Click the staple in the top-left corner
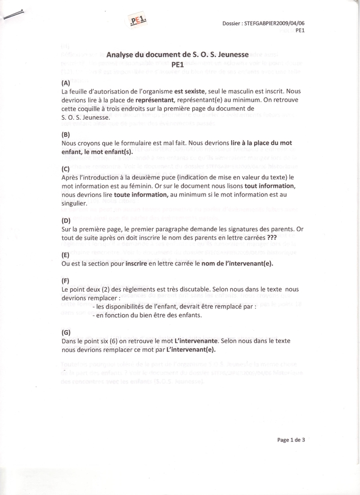point(12,15)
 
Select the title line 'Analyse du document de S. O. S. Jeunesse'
point(177,54)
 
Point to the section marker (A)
point(65,83)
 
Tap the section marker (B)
point(65,134)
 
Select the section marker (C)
point(65,169)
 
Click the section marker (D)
point(65,220)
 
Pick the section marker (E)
point(65,255)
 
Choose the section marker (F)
point(65,280)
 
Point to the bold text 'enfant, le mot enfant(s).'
point(96,152)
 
